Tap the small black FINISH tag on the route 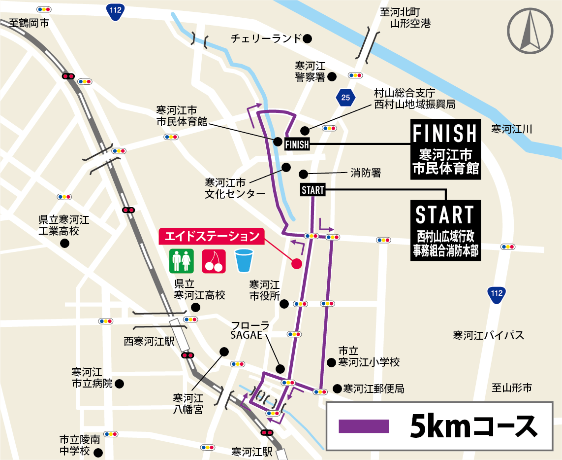coord(297,144)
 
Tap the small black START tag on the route coord(312,190)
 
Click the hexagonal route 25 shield coord(346,98)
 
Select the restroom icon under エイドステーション coord(181,261)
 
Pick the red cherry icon coord(214,261)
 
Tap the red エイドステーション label coord(212,236)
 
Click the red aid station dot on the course coord(296,264)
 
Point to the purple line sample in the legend coord(364,425)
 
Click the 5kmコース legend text coord(472,425)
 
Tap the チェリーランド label coord(266,38)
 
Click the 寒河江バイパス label coord(488,336)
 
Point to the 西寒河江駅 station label coord(149,341)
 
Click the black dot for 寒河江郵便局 coord(337,389)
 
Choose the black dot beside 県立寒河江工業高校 coord(64,244)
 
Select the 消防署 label coord(366,173)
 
